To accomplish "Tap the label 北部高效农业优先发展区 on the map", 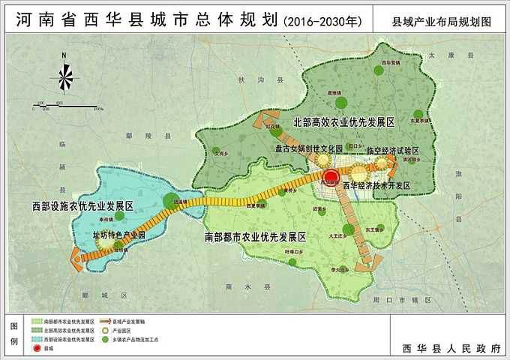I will [x=343, y=121].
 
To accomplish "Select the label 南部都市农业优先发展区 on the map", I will [x=255, y=236].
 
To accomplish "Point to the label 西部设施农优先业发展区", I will [x=82, y=205].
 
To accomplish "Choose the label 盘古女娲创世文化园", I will [x=307, y=148].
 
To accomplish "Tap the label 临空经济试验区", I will [x=392, y=150].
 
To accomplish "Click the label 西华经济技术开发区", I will [x=376, y=185].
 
